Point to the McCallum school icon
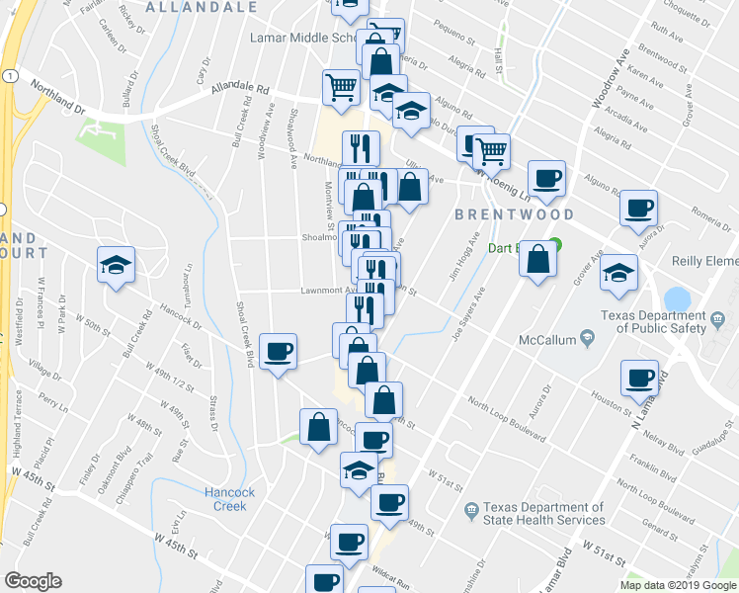(x=588, y=339)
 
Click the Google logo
(x=33, y=581)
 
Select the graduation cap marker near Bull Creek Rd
(x=116, y=265)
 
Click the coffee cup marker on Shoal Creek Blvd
(x=280, y=351)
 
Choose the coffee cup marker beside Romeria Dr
(x=638, y=209)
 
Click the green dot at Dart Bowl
(x=554, y=245)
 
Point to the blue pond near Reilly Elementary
(x=678, y=298)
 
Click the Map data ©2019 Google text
(x=678, y=585)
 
